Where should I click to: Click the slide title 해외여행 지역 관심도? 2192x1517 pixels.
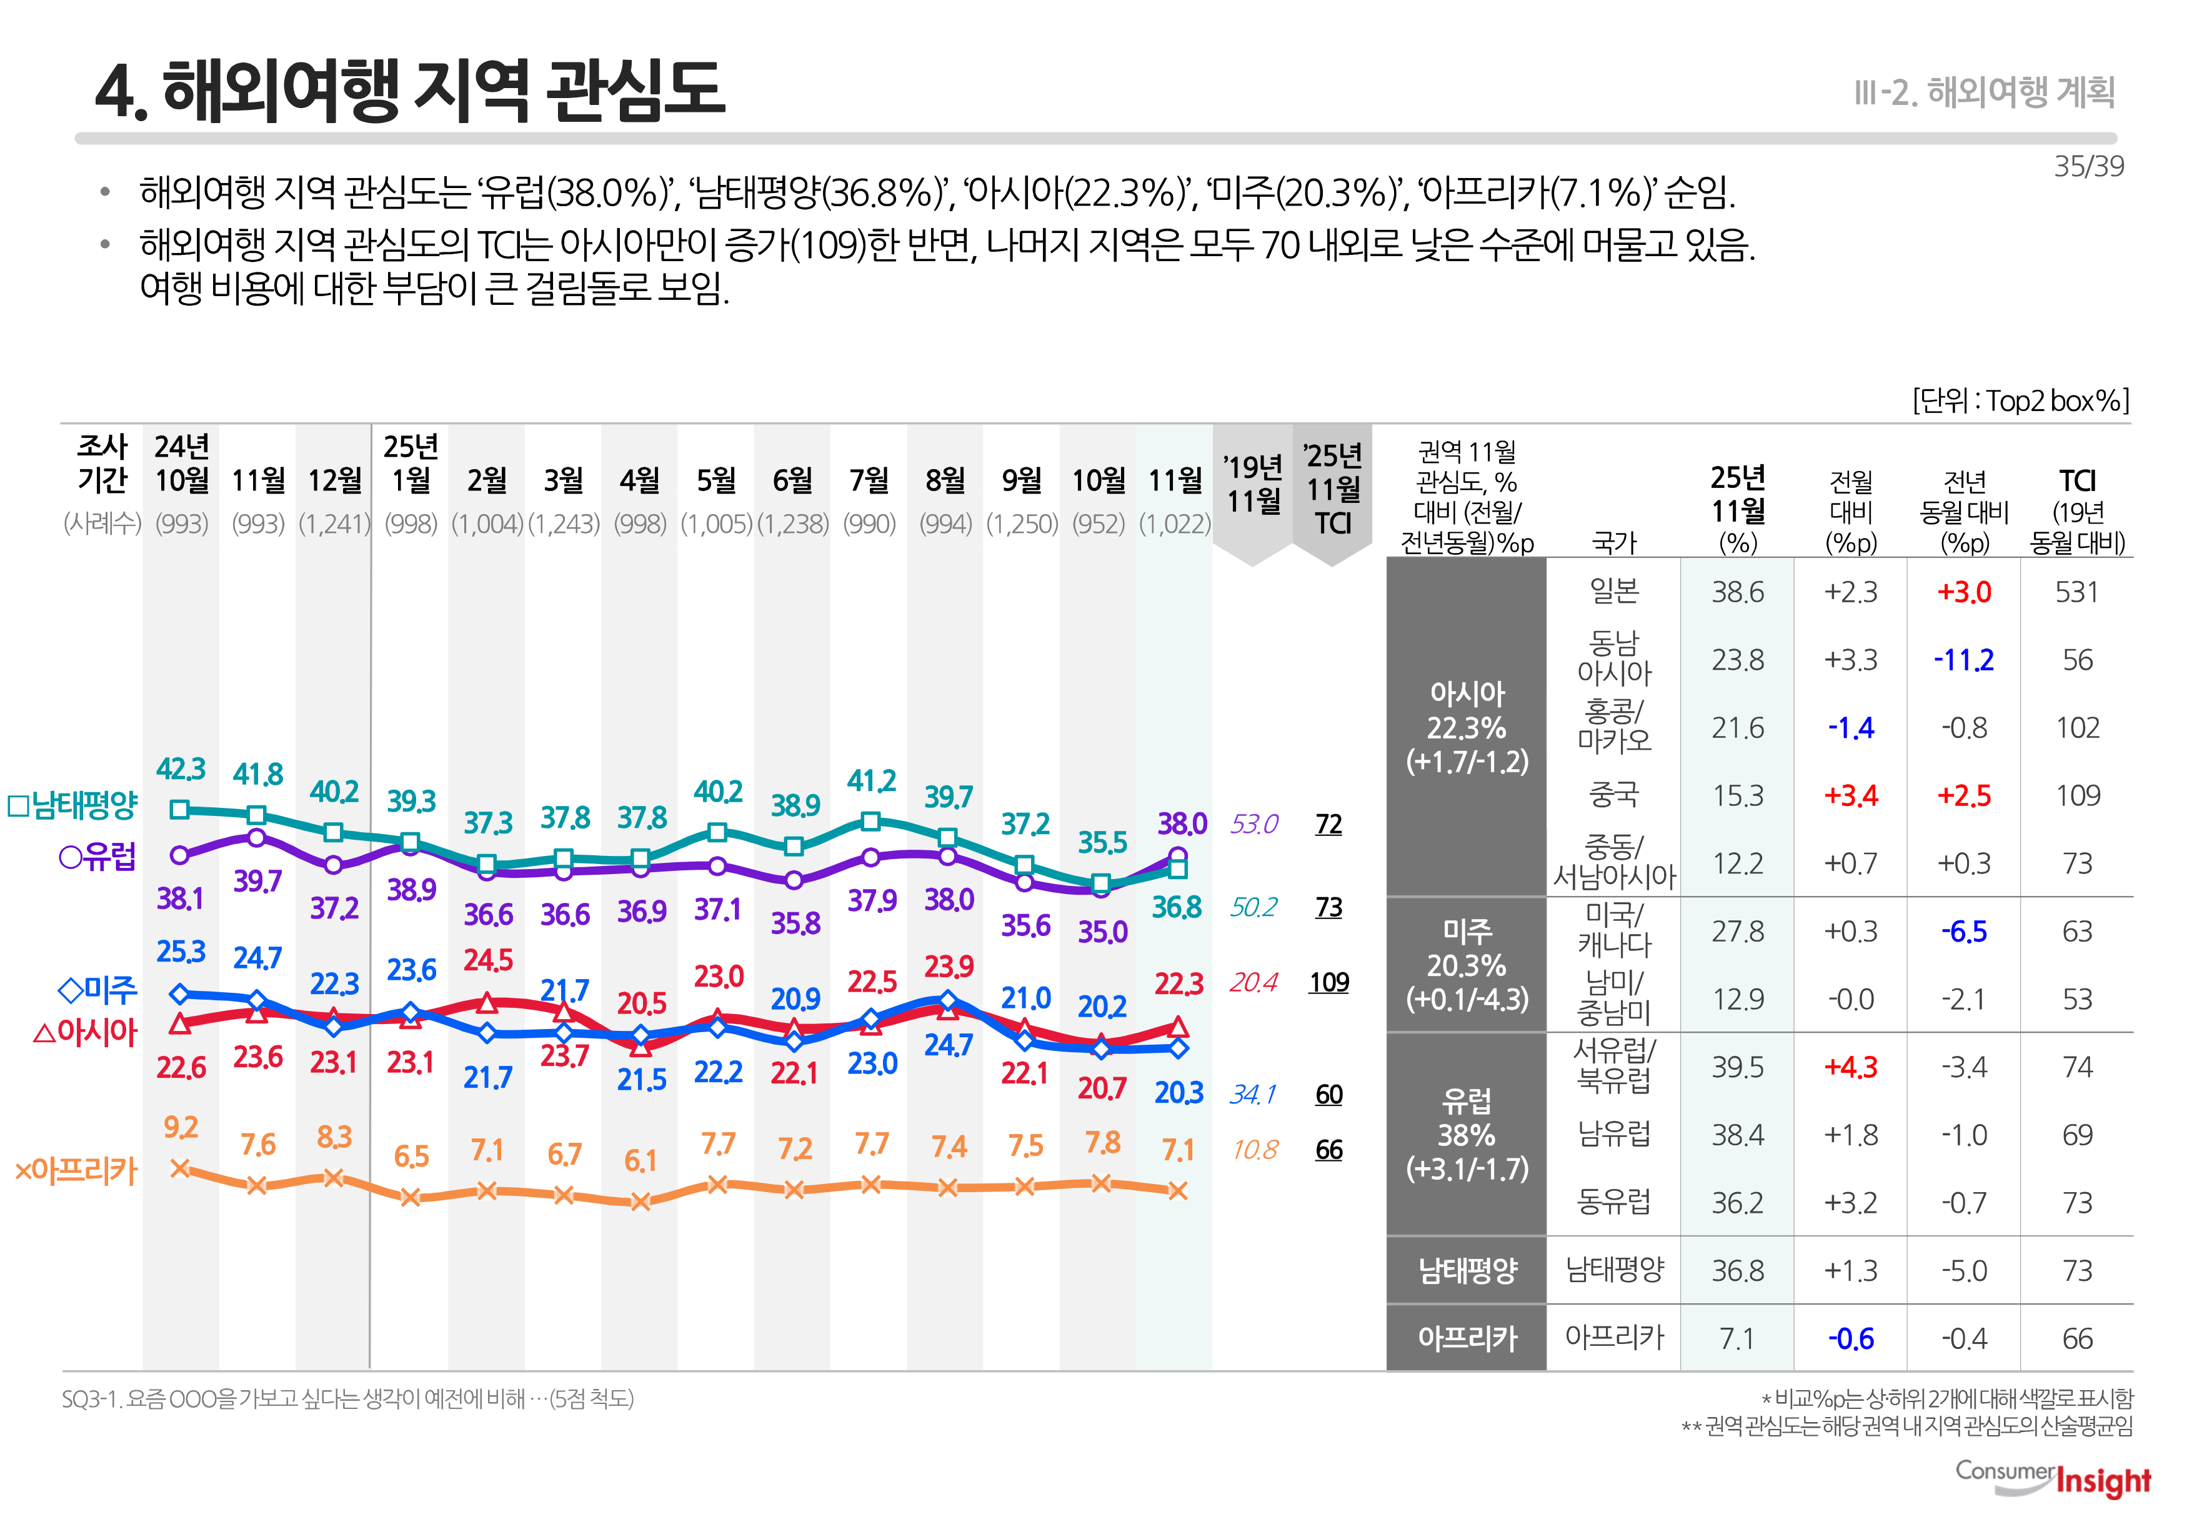(410, 91)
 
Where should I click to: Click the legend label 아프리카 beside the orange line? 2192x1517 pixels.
(76, 1170)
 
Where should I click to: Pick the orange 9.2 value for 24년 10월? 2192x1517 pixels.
(181, 1127)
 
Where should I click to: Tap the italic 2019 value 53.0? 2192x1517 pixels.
(1254, 824)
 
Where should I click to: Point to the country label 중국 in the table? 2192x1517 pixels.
(1613, 795)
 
